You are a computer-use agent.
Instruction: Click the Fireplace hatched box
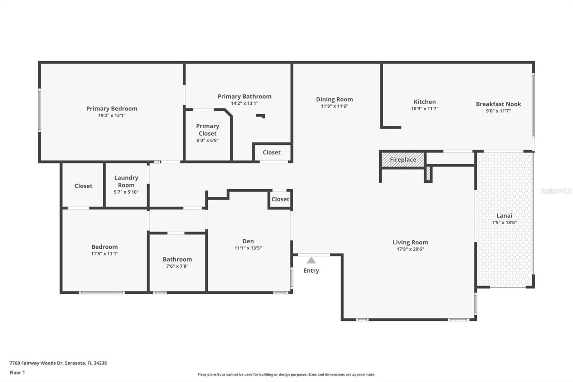[403, 160]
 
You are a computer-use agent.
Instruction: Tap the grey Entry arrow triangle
[311, 261]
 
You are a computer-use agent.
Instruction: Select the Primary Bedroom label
[112, 109]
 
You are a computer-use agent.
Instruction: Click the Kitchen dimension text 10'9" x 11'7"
[425, 109]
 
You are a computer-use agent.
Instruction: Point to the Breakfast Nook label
[498, 104]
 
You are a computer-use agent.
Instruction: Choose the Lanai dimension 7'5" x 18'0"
[504, 223]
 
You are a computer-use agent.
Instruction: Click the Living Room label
[410, 242]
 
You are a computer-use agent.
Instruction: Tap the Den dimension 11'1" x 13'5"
[248, 248]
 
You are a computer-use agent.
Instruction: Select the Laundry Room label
[126, 181]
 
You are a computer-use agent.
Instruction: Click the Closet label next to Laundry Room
[83, 186]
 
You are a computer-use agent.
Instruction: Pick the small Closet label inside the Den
[280, 199]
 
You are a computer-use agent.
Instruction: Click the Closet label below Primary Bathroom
[271, 152]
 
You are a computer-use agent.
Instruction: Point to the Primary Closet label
[207, 130]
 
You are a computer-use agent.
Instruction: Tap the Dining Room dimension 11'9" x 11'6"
[334, 106]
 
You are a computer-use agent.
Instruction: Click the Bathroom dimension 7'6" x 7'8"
[177, 266]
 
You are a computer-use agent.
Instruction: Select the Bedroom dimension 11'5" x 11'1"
[104, 254]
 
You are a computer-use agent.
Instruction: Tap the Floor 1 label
[17, 373]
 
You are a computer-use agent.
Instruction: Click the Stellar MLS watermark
[556, 191]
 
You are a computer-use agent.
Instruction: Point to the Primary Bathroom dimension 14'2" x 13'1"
[244, 103]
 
